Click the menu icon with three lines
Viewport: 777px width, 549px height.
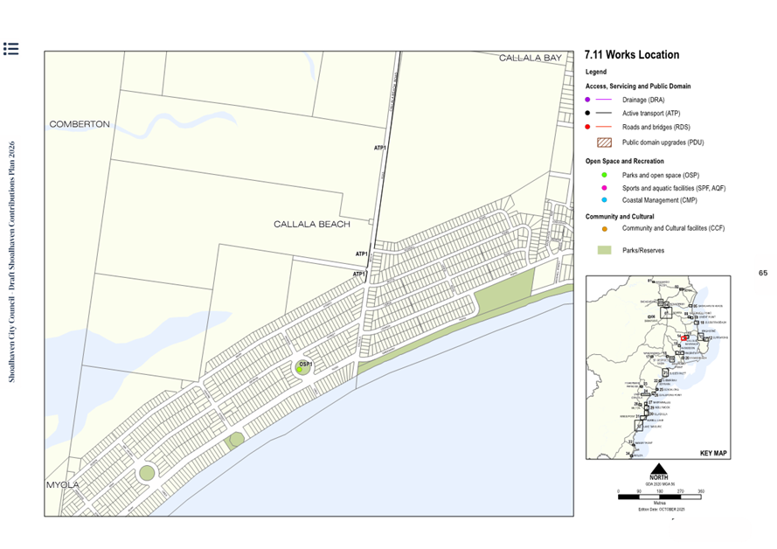click(10, 48)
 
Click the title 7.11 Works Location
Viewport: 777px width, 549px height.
click(631, 55)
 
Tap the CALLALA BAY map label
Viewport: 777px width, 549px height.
click(530, 58)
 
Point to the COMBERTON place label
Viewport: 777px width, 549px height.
click(80, 124)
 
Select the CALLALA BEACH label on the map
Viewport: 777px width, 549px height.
click(312, 225)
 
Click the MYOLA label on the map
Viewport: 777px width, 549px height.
click(64, 484)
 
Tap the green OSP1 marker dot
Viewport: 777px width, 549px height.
click(300, 371)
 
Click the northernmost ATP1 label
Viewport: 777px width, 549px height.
click(380, 148)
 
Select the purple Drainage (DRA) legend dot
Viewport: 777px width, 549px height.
click(588, 101)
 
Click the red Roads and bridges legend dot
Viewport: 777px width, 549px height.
click(588, 128)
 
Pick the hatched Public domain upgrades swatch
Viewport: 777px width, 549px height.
click(603, 142)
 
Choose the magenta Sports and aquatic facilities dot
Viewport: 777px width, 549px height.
click(588, 188)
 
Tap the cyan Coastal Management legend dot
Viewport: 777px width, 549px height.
click(588, 200)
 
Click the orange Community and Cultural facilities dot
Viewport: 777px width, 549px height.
click(603, 229)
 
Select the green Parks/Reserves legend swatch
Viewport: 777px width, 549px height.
click(603, 251)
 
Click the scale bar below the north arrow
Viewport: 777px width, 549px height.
click(660, 496)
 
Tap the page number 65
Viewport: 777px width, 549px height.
click(762, 274)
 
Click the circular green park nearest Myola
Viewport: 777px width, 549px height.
click(147, 474)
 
